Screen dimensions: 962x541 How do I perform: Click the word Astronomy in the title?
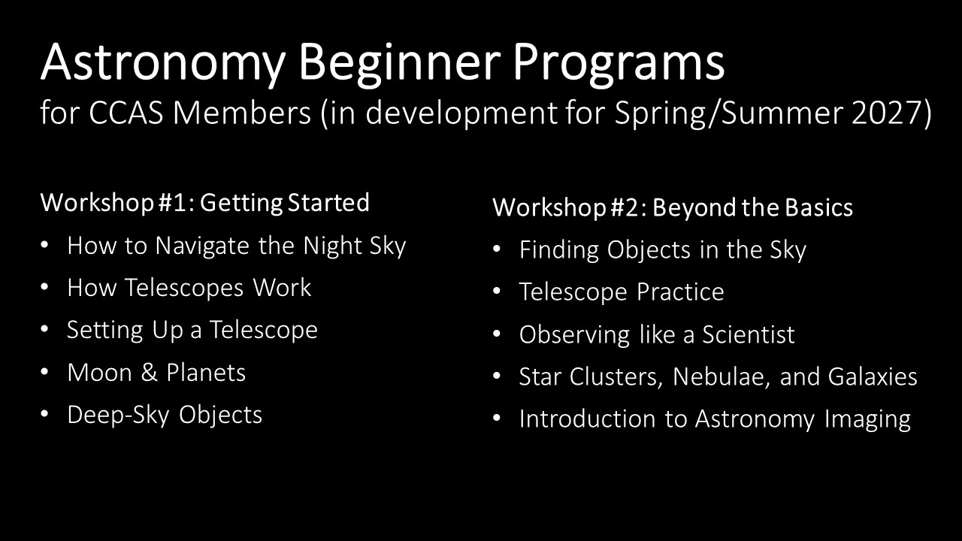(x=163, y=63)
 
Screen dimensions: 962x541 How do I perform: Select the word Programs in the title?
(x=619, y=63)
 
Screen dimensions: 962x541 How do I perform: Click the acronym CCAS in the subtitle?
(x=126, y=113)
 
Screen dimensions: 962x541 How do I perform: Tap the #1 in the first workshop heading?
(x=172, y=202)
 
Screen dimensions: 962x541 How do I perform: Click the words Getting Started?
(x=285, y=203)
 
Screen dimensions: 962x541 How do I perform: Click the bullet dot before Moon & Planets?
(x=44, y=372)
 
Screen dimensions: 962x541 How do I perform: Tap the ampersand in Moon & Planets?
(x=149, y=372)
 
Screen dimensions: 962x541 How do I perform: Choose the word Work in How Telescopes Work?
(x=282, y=287)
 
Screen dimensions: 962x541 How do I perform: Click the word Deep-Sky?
(x=118, y=416)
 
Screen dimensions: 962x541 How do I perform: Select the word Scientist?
(x=749, y=334)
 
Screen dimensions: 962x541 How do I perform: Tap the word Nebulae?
(x=721, y=376)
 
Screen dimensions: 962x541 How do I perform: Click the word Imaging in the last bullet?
(x=867, y=419)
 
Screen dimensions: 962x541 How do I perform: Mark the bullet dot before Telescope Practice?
(x=497, y=291)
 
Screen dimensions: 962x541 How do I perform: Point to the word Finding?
(x=558, y=250)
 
